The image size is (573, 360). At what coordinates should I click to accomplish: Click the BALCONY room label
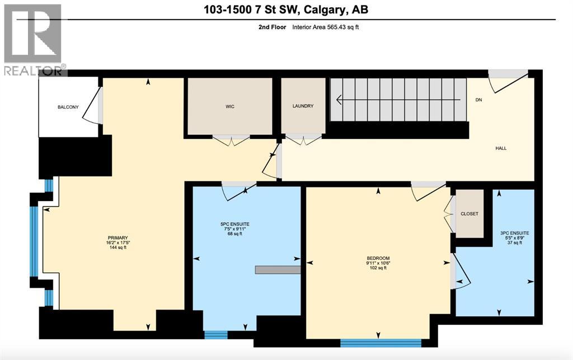[67, 107]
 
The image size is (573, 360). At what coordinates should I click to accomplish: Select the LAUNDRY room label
[303, 106]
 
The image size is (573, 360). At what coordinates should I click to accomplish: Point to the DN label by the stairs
[478, 100]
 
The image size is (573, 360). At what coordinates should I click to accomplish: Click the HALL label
[501, 148]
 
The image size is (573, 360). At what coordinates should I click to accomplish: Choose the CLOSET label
[469, 214]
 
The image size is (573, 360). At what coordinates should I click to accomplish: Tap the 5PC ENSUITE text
[235, 224]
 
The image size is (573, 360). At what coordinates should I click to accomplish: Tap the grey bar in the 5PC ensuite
[278, 270]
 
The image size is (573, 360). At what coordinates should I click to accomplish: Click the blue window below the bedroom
[381, 343]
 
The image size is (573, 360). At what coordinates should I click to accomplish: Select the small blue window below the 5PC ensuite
[215, 335]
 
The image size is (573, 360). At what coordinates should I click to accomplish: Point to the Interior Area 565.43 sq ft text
[325, 27]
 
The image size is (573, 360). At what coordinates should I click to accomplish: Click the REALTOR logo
[33, 39]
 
